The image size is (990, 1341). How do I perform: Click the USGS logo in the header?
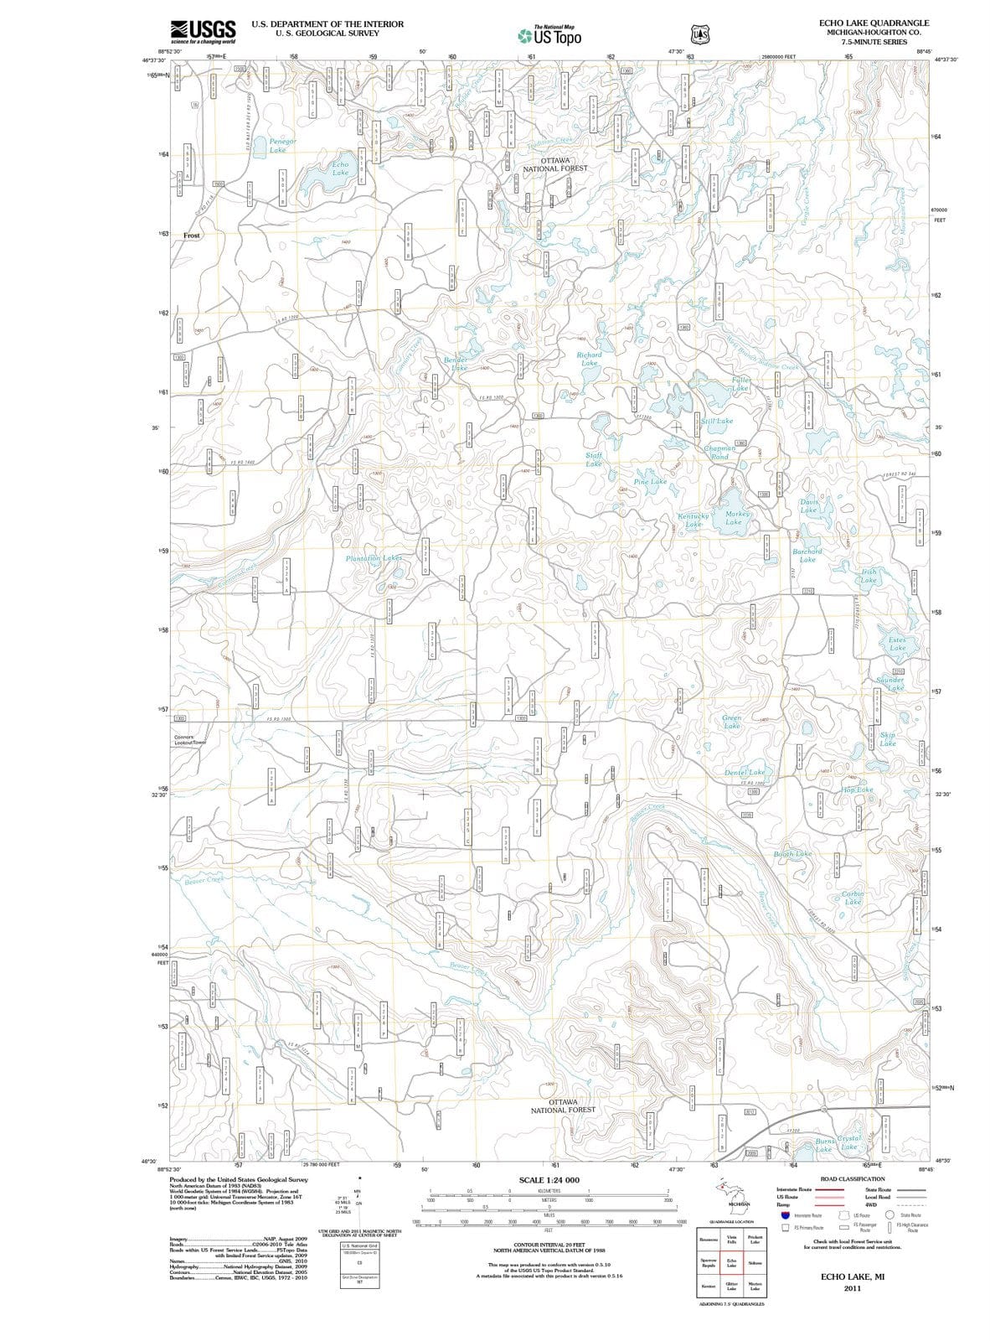(x=202, y=32)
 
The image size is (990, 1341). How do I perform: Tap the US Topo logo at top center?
(x=550, y=35)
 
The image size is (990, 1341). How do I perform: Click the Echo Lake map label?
(x=340, y=168)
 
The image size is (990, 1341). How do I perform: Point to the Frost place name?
(x=192, y=236)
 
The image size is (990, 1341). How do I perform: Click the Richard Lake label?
(x=590, y=359)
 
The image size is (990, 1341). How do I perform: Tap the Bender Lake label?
(x=456, y=364)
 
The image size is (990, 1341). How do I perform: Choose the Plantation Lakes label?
(x=374, y=557)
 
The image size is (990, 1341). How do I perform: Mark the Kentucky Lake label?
(x=694, y=520)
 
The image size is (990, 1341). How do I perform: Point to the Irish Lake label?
(x=869, y=576)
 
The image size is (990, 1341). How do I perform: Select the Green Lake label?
(x=731, y=722)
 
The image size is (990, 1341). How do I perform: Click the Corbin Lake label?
(x=853, y=898)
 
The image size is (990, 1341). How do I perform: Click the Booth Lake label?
(x=792, y=853)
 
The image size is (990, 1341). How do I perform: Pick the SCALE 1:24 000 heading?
(x=549, y=1180)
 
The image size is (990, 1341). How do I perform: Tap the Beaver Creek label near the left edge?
(x=204, y=880)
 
